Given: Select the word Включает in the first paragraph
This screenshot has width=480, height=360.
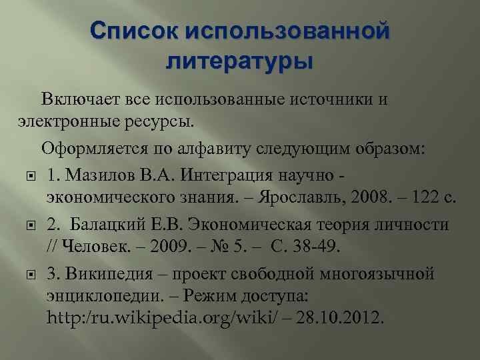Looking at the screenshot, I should pos(81,100).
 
